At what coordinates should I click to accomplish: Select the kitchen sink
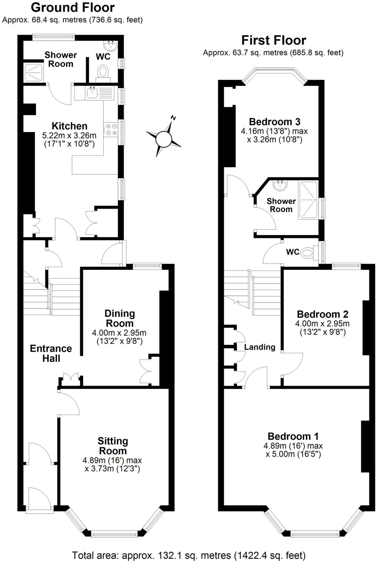coord(91,93)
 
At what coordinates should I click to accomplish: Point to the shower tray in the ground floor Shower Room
coord(34,73)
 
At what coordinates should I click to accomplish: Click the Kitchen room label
coord(69,126)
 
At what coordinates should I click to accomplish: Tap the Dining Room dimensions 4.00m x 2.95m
coord(119,333)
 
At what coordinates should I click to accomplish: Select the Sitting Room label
coord(113,446)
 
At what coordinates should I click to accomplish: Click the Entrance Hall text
coord(51,353)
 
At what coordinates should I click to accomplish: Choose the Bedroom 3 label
coord(274,122)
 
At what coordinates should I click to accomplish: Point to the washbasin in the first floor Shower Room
coord(280,185)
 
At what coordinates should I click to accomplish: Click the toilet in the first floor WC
coord(308,252)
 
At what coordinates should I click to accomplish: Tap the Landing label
coord(260,347)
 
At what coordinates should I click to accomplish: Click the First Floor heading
coord(274,40)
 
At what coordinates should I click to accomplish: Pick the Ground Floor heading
coord(73,7)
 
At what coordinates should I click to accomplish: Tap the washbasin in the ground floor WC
coord(111,46)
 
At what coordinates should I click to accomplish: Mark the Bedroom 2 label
coord(322,314)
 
